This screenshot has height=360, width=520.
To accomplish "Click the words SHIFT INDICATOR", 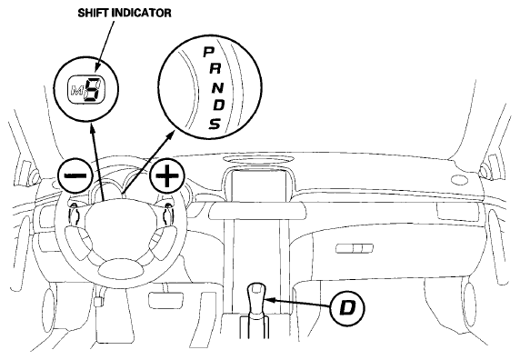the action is pos(125,13).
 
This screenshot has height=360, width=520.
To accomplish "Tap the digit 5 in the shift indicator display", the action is pos(94,89).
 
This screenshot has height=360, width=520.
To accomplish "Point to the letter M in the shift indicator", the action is pos(77,90).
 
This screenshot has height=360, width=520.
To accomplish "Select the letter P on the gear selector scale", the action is pos(208,52).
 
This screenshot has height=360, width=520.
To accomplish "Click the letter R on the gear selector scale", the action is pos(215,68).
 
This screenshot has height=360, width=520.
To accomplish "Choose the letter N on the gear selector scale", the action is pos(218,87).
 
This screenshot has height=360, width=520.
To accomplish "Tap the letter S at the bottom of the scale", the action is pos(215,124).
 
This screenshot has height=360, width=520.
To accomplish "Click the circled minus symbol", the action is pos(75,175).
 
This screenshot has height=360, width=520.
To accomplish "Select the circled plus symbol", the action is pos(166,175).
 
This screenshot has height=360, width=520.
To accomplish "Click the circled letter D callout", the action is pos(347,308).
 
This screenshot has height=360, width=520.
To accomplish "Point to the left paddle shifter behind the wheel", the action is pos(75,215).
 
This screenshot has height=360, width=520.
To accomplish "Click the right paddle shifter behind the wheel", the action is pos(166,215).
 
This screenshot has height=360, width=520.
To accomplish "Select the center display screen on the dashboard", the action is pos(259,186).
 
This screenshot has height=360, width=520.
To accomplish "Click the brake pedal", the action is pos(166,300).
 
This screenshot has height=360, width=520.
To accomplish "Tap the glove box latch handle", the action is pos(355,248).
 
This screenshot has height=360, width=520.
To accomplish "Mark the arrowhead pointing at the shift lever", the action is pos(269,300).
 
